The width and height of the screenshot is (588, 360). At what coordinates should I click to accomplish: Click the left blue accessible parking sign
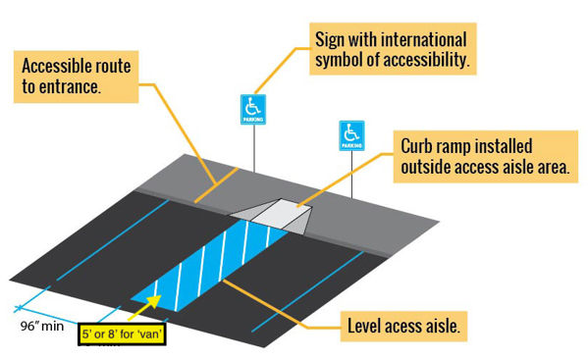pyautogui.click(x=253, y=109)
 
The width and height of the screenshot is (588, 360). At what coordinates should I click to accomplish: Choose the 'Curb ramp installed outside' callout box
pyautogui.click(x=483, y=157)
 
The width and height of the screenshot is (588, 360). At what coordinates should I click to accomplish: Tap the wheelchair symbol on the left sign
pyautogui.click(x=253, y=104)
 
